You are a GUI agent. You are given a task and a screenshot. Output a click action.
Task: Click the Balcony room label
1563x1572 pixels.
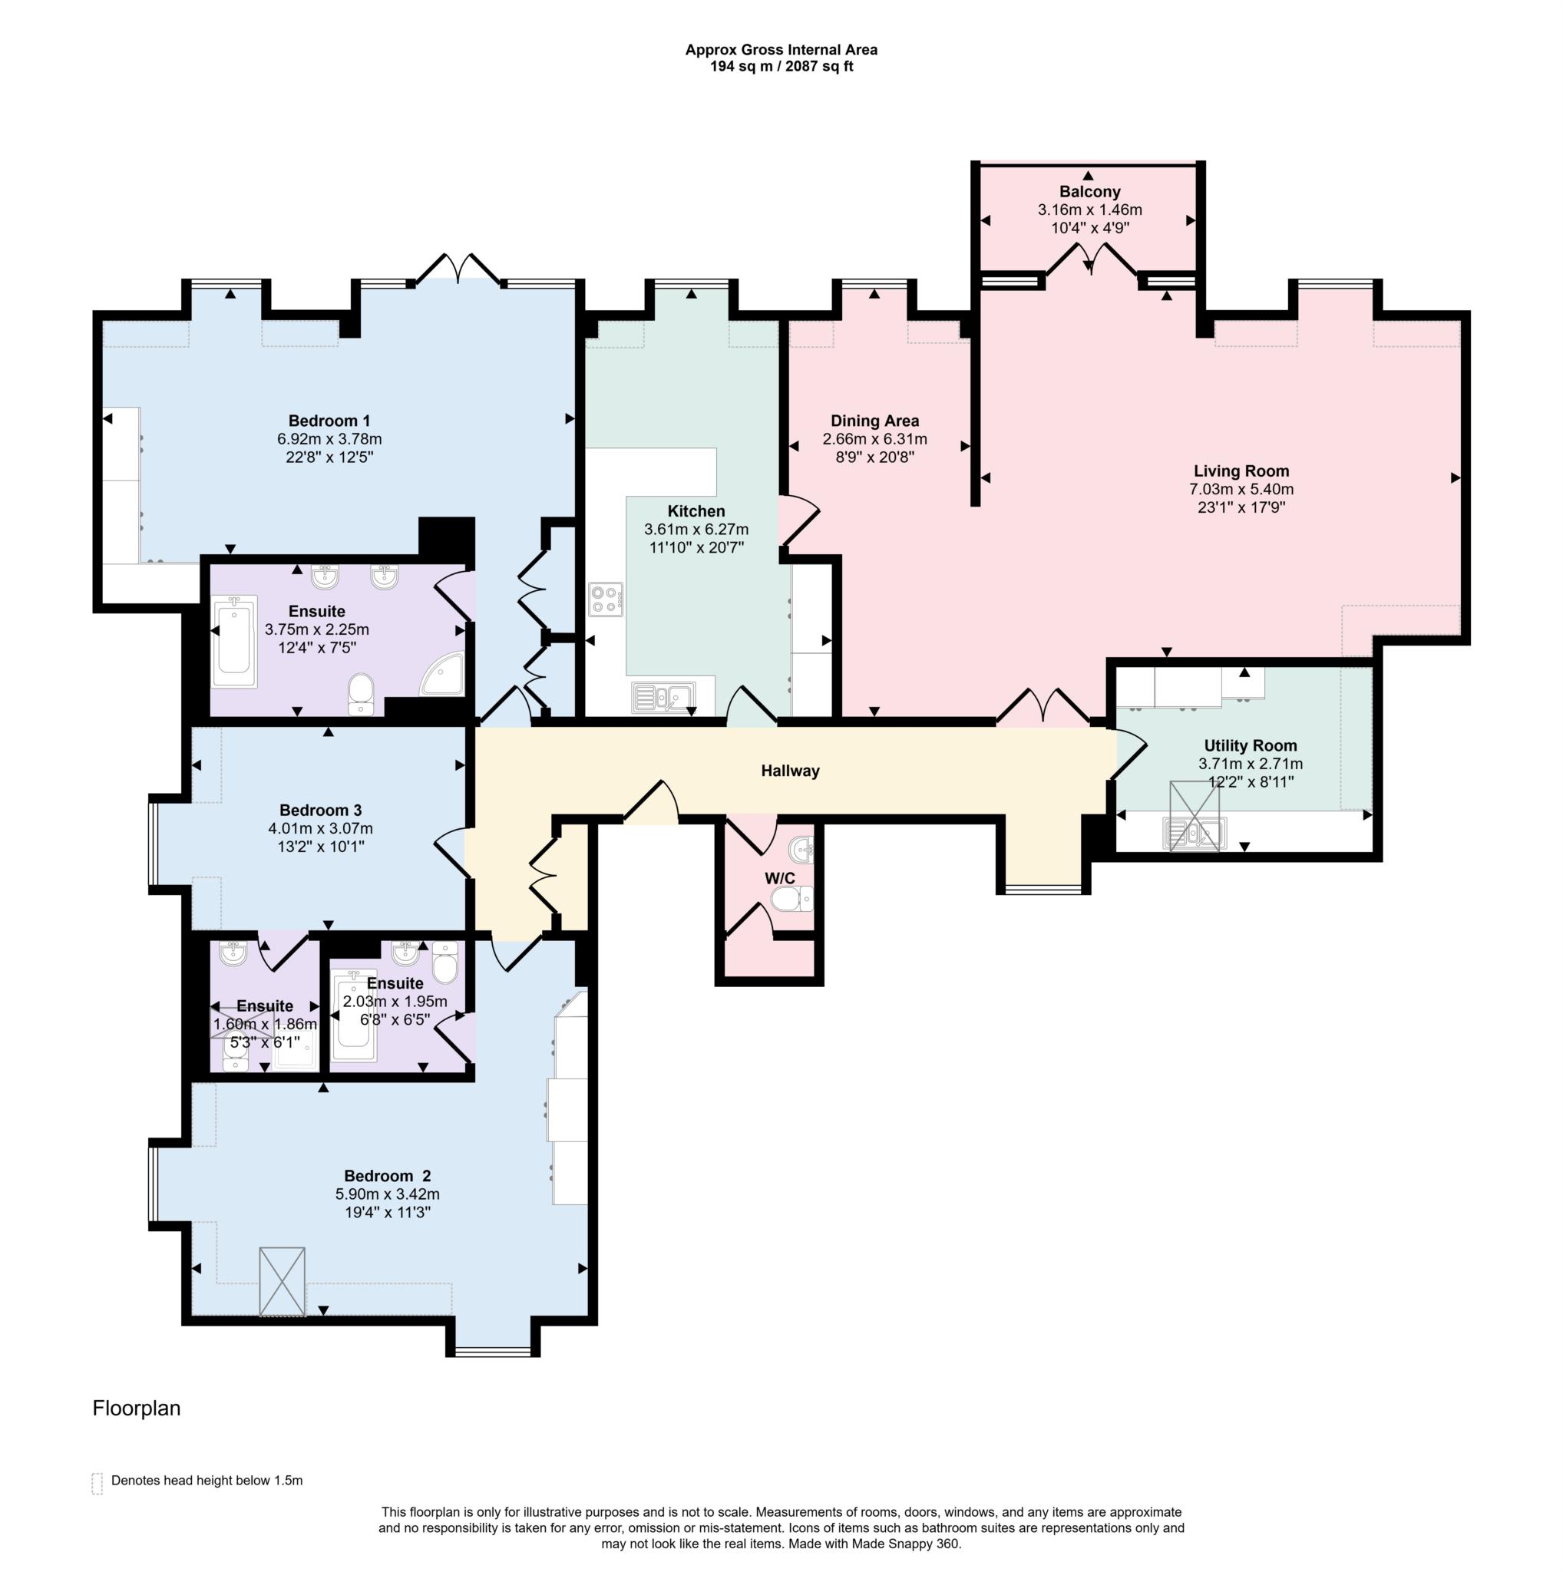tap(1089, 192)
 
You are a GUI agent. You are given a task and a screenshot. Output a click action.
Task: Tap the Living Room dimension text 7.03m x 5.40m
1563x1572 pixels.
tap(1240, 489)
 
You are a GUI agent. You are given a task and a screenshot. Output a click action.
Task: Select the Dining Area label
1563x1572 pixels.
tap(874, 421)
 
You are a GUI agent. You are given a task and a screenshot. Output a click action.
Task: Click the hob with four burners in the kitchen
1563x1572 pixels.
tap(606, 599)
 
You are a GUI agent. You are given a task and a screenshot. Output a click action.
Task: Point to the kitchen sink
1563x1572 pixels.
tap(663, 697)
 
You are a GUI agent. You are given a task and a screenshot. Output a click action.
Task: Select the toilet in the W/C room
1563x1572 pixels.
tap(790, 899)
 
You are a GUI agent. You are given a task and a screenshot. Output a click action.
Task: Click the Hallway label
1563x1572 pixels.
tap(789, 771)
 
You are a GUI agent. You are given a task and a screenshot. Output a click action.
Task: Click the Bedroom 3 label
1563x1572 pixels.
tap(320, 811)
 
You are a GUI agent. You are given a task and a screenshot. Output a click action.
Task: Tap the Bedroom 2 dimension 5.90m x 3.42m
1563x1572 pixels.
tap(387, 1194)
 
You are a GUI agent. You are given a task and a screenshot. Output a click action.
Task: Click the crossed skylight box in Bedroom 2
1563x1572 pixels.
tap(282, 1282)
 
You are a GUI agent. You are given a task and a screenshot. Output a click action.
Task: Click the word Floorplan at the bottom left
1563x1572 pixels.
tap(136, 1409)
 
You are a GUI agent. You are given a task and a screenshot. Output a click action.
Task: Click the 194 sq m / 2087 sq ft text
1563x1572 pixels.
tap(780, 67)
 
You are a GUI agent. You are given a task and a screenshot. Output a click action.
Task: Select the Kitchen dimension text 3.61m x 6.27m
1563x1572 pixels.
tap(696, 530)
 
